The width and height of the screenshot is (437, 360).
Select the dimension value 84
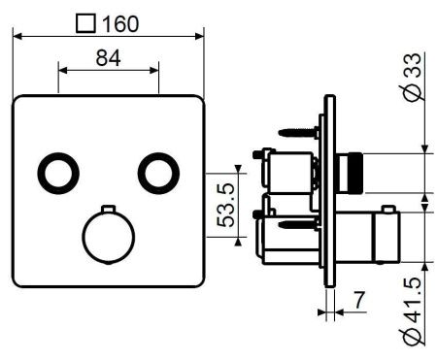[x=108, y=58]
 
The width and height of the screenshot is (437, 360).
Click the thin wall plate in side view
[x=329, y=194]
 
